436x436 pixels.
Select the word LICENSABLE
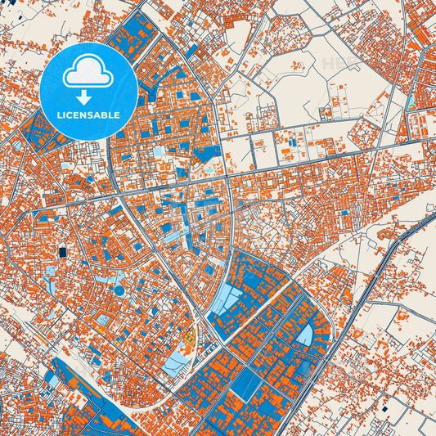point(88,115)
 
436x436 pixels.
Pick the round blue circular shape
point(119,290)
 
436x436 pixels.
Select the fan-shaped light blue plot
point(304,335)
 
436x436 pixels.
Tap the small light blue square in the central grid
point(159,153)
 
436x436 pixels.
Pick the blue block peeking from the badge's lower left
point(37,131)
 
